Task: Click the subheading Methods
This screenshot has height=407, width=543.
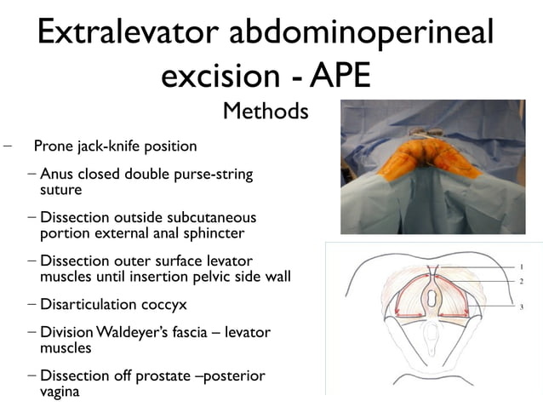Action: point(265,111)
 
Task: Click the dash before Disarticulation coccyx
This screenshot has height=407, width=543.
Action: point(32,304)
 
